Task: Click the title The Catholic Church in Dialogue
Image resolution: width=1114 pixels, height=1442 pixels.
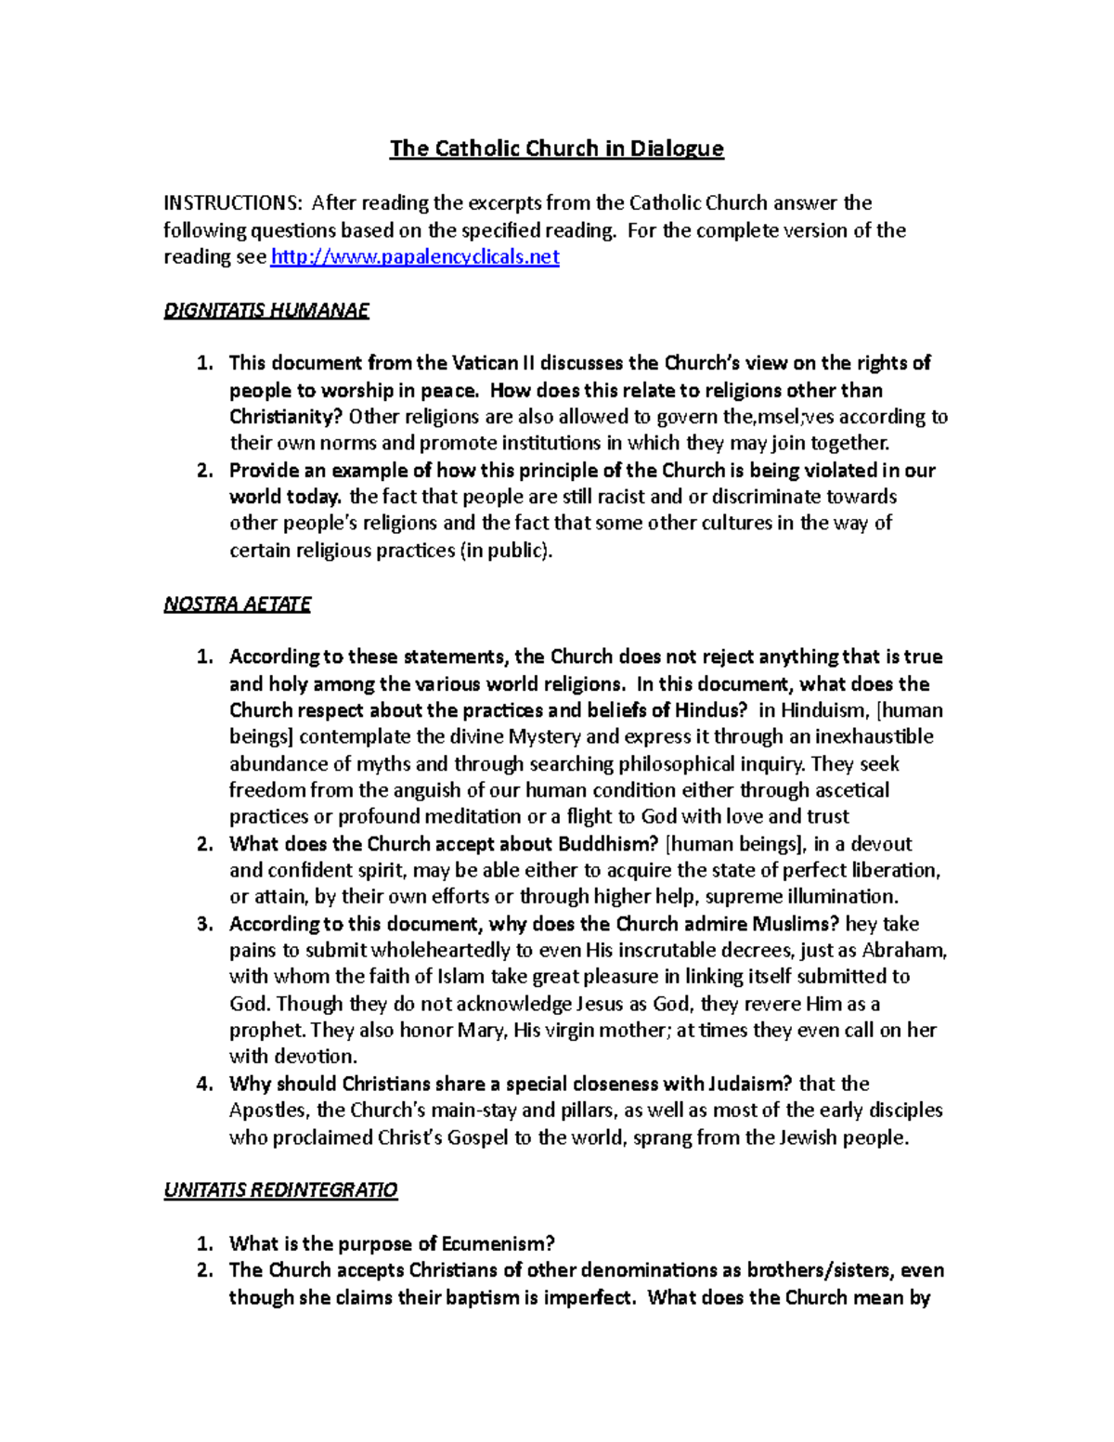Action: pyautogui.click(x=556, y=149)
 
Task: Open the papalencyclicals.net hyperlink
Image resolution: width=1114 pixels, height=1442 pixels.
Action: pyautogui.click(x=414, y=257)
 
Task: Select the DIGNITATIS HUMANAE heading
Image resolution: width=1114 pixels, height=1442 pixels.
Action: pyautogui.click(x=266, y=311)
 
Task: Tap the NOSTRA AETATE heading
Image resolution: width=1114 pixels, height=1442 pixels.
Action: pyautogui.click(x=237, y=604)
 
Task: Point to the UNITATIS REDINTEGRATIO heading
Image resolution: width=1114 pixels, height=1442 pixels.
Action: pyautogui.click(x=280, y=1190)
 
